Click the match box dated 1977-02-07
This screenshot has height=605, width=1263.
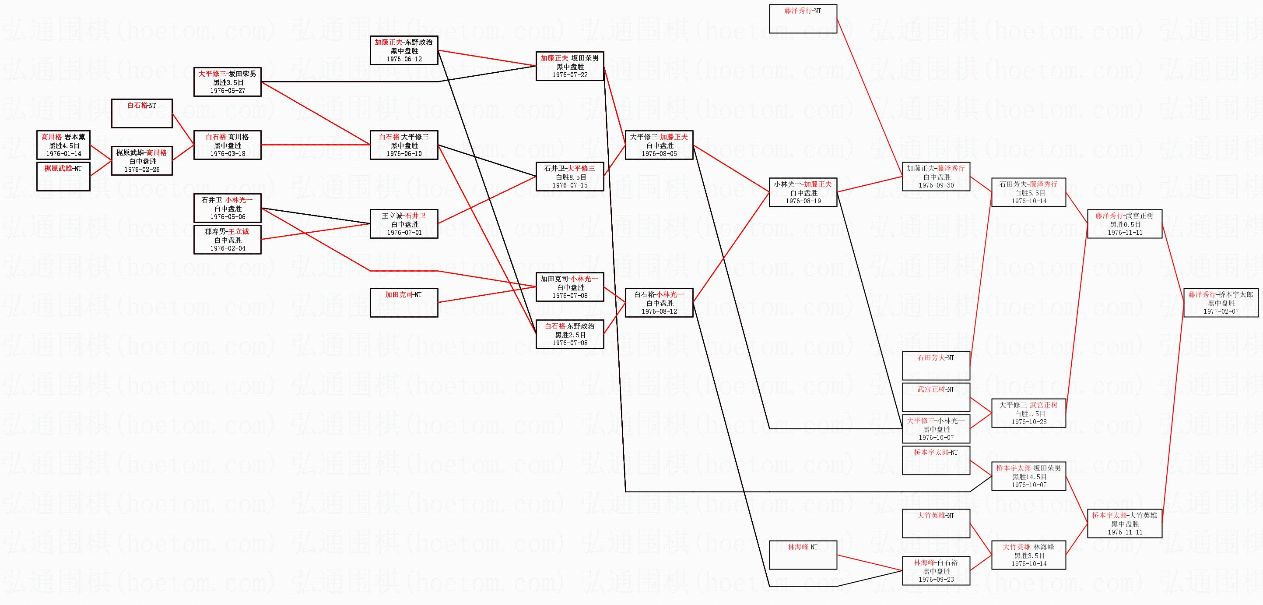click(1221, 303)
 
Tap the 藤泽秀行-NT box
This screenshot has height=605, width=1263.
click(803, 19)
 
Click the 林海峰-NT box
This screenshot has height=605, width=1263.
click(803, 555)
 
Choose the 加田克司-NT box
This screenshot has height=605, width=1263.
click(403, 302)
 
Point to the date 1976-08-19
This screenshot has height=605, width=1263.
click(803, 201)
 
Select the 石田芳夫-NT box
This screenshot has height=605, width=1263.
click(936, 365)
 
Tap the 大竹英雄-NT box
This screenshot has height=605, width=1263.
click(936, 524)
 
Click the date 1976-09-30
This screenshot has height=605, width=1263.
click(936, 185)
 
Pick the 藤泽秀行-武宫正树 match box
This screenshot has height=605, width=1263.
click(1124, 224)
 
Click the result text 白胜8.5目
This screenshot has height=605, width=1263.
click(570, 177)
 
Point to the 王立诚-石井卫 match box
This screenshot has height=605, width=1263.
click(403, 224)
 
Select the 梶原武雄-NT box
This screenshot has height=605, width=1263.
click(63, 176)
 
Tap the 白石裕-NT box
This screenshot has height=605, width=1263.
click(142, 113)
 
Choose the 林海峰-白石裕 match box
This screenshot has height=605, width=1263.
click(936, 571)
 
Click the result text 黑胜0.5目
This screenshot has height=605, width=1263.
click(1125, 224)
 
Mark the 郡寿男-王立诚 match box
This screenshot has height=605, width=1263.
click(227, 240)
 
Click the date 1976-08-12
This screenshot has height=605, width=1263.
click(659, 311)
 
